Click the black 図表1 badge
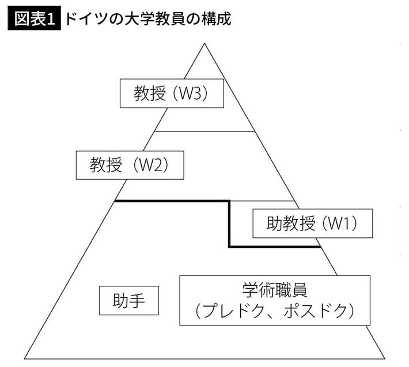tap(34, 18)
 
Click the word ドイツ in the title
tap(85, 18)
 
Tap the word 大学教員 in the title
tap(152, 18)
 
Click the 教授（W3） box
tap(171, 93)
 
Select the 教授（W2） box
tap(129, 165)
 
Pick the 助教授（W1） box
tap(312, 223)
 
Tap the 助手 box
tap(128, 301)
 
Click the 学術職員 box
tap(275, 300)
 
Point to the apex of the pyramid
tap(204, 44)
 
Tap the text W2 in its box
tap(152, 165)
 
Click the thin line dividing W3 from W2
tap(204, 131)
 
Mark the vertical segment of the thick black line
tap(229, 224)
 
